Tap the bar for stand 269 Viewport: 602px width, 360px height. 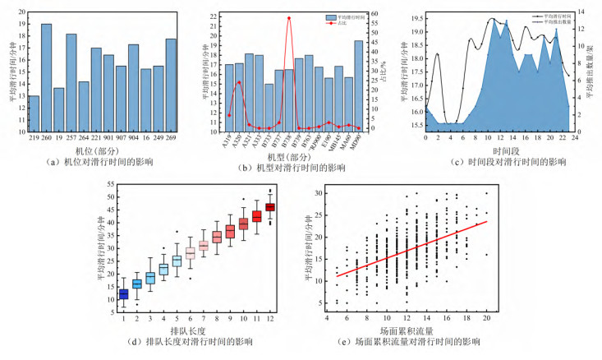(x=171, y=82)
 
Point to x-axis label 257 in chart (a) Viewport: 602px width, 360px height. (x=71, y=136)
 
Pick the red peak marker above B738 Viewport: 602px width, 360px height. (x=289, y=18)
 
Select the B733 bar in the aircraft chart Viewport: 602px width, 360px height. (x=269, y=108)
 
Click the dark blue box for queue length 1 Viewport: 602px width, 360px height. (x=124, y=293)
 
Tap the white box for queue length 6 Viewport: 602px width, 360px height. (x=190, y=253)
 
